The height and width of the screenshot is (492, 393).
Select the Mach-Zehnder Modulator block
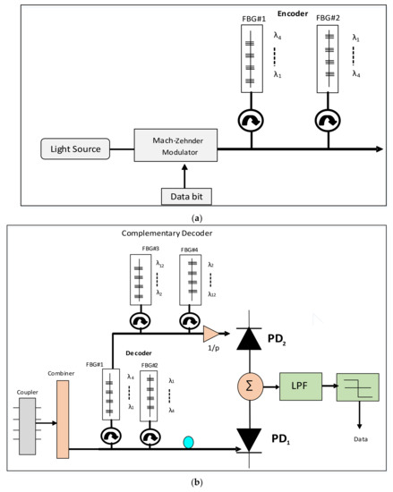175,146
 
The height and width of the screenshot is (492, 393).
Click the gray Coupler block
26,420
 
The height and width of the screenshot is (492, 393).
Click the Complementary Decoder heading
166,233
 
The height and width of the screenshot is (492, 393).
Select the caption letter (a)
196,216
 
